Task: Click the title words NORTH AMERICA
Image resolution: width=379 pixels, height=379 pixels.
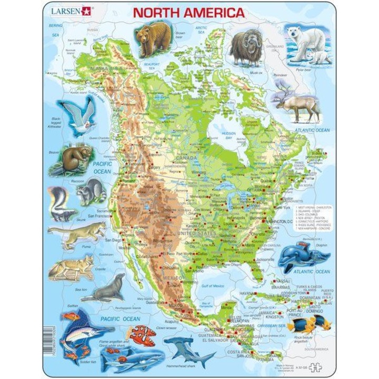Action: point(188,12)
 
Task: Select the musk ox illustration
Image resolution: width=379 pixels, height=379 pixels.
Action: point(246,47)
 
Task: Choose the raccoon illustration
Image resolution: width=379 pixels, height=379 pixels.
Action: point(91,192)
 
